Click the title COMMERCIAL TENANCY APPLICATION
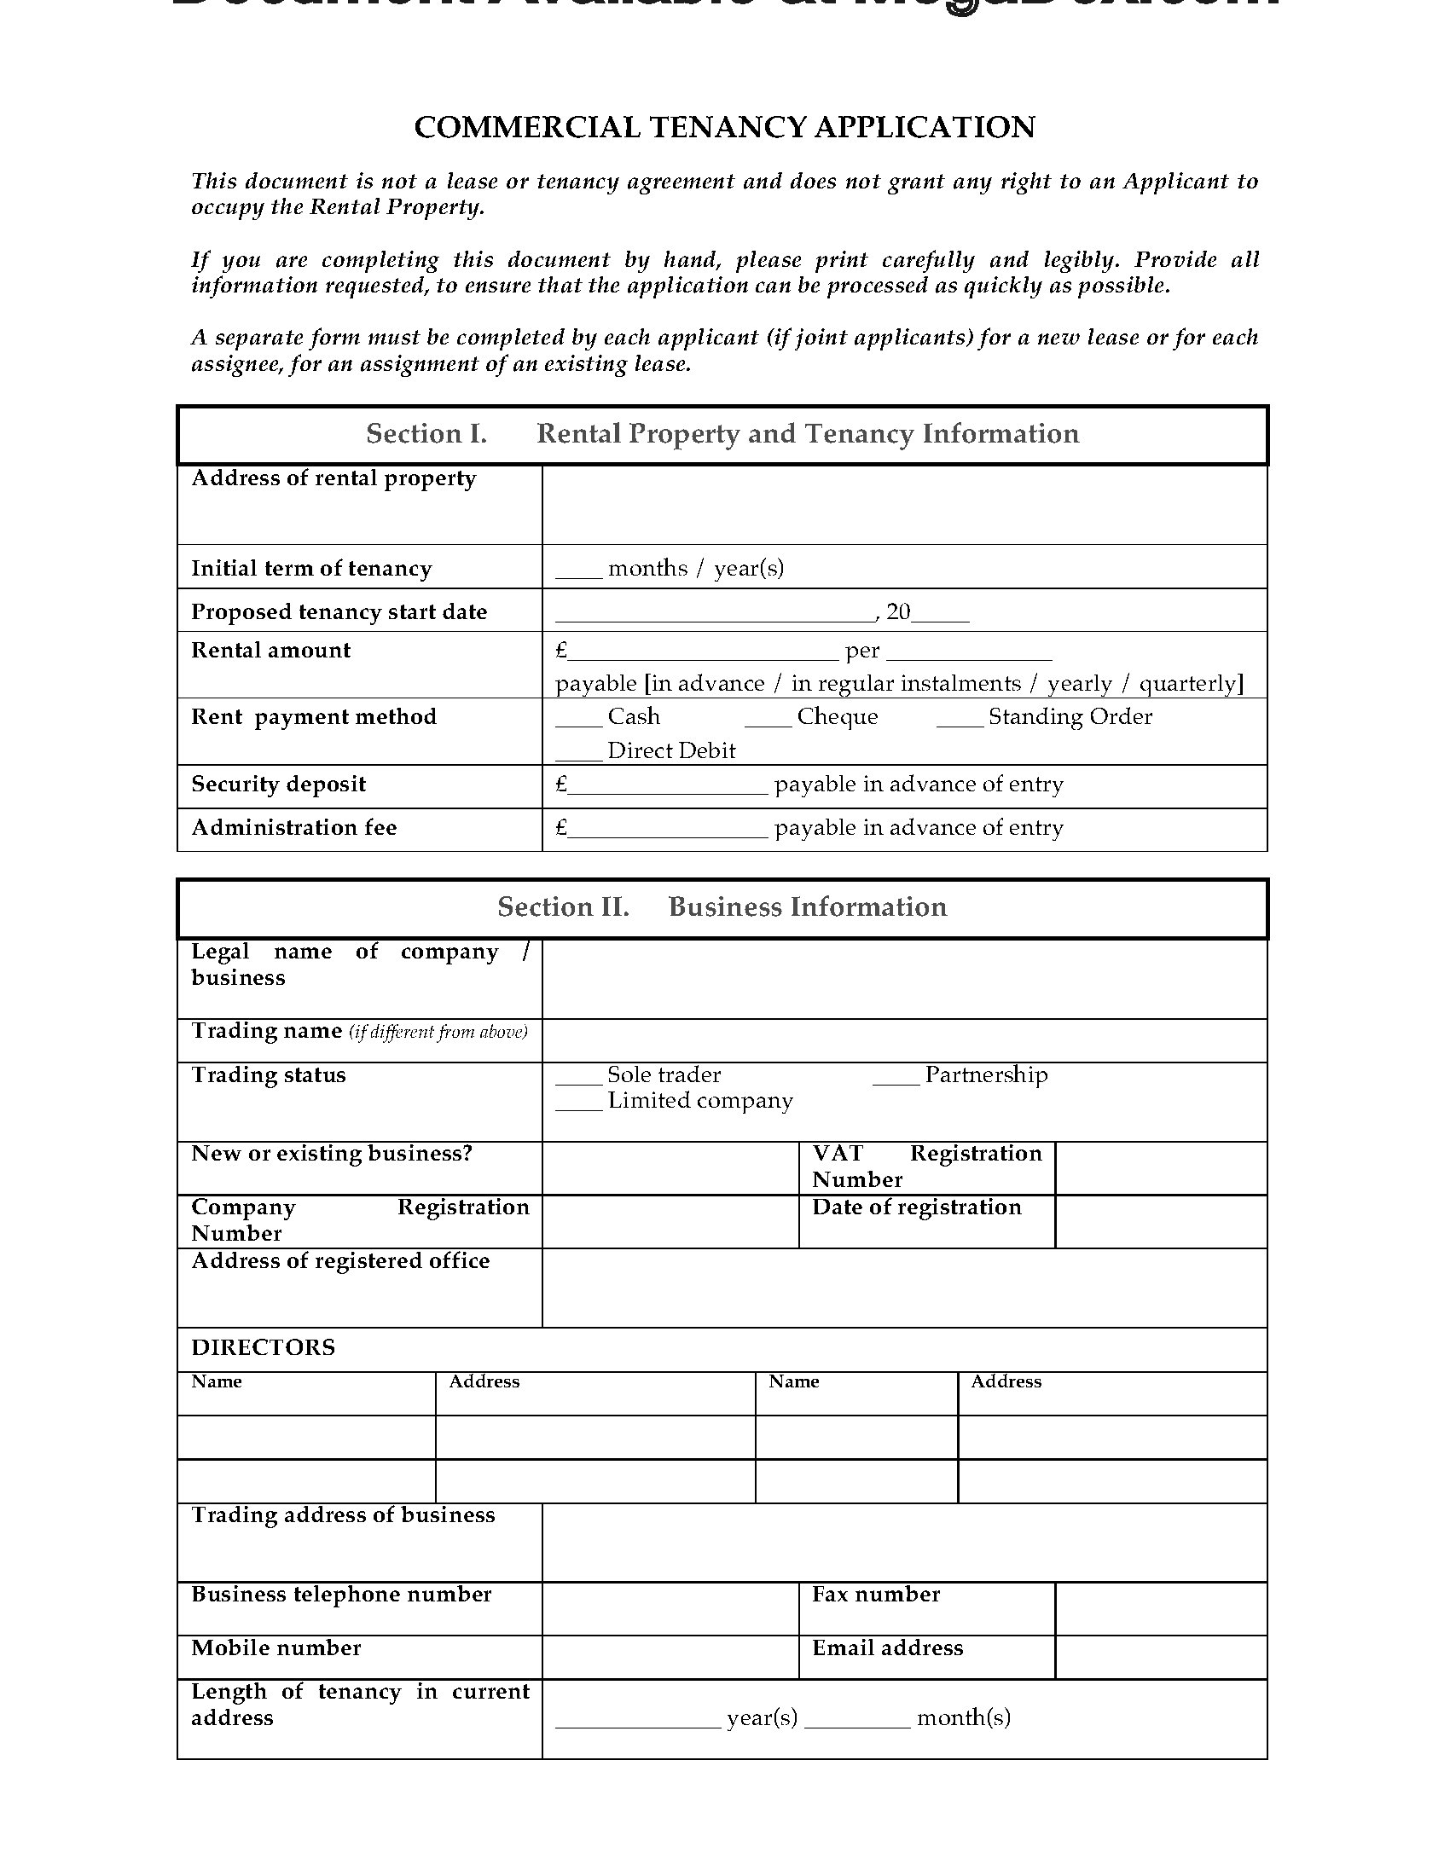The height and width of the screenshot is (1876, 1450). (x=724, y=127)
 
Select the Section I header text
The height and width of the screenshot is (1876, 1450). (x=722, y=434)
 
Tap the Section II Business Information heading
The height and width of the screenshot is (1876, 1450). (x=722, y=907)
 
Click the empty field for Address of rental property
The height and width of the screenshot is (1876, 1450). (x=903, y=504)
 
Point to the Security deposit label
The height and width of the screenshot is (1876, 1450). (x=278, y=785)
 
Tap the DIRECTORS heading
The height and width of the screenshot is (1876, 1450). (x=263, y=1347)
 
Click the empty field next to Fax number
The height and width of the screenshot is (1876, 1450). (x=1161, y=1609)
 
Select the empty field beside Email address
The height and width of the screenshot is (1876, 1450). (x=1161, y=1658)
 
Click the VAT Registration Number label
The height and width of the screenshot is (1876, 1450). (x=926, y=1167)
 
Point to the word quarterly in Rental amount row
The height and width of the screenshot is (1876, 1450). (x=1188, y=684)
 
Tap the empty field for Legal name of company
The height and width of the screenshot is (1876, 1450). (x=903, y=979)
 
